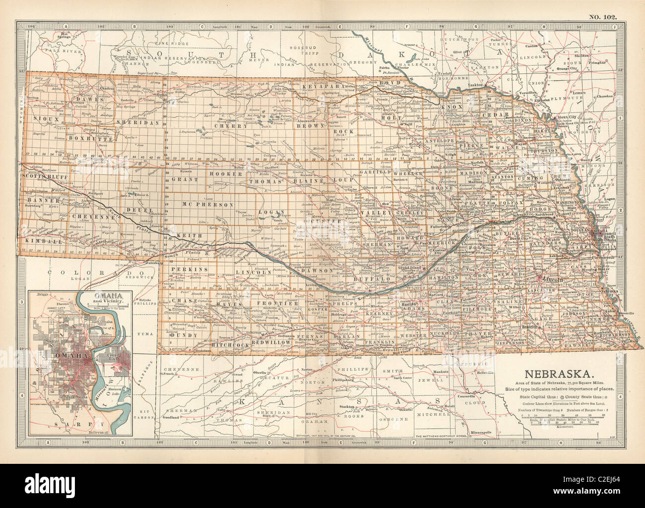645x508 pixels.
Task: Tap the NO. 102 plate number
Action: click(x=603, y=17)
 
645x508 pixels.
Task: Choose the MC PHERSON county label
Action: click(x=214, y=204)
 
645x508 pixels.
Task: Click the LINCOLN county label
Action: click(x=254, y=272)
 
